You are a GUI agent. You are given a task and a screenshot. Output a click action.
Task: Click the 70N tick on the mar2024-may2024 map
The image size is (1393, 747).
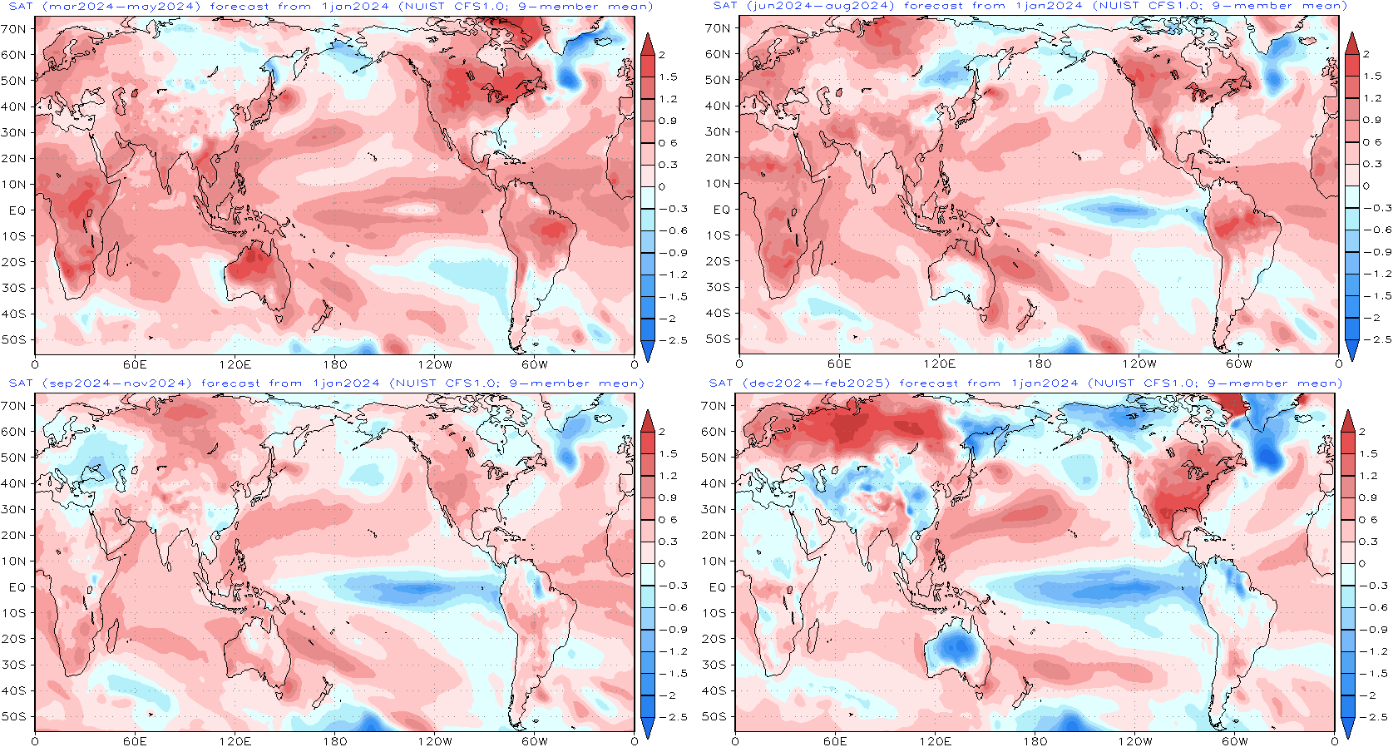[x=12, y=28]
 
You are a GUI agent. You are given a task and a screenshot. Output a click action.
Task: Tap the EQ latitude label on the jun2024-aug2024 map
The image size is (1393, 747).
[x=721, y=210]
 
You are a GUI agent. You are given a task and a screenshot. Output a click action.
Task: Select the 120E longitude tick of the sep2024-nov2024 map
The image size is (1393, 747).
[x=235, y=741]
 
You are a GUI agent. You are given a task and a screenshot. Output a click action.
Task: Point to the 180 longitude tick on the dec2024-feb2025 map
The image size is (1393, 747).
[x=1035, y=741]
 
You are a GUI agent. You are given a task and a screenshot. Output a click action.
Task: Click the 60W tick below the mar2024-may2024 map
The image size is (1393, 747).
[x=534, y=364]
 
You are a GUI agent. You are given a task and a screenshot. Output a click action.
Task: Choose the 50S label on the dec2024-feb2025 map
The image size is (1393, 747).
[x=714, y=716]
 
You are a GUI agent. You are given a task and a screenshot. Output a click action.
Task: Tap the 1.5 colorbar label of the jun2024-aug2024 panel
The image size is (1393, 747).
[x=1371, y=76]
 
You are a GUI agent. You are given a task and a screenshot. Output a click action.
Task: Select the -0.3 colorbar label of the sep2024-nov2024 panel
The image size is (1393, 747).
[x=673, y=586]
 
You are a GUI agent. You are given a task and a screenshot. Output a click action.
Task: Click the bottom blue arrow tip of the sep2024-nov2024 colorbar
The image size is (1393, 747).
[x=647, y=740]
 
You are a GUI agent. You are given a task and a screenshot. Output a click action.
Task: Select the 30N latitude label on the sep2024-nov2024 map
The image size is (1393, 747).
[x=13, y=509]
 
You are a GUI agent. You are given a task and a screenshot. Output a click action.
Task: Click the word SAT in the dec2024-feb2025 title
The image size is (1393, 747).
[x=721, y=383]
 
